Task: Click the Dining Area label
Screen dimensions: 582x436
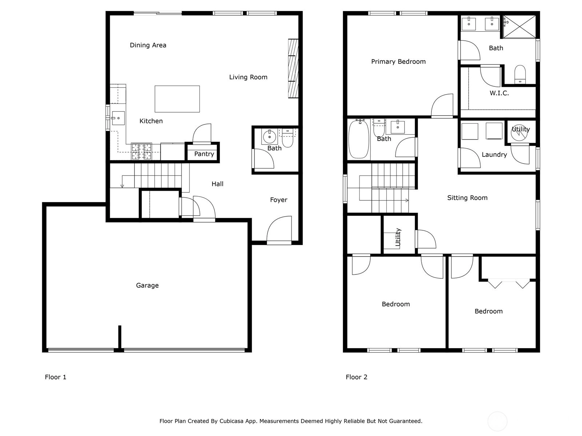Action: pyautogui.click(x=148, y=45)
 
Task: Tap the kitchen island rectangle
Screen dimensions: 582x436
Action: pyautogui.click(x=177, y=99)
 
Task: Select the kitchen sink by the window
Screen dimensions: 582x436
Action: pyautogui.click(x=118, y=118)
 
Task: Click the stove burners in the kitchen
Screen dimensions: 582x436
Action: pyautogui.click(x=141, y=152)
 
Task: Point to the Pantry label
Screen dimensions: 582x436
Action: pyautogui.click(x=204, y=154)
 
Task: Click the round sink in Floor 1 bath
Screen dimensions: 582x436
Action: pyautogui.click(x=270, y=137)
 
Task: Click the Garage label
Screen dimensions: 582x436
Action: pyautogui.click(x=147, y=285)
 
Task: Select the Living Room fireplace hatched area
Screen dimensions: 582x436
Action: pyautogui.click(x=293, y=69)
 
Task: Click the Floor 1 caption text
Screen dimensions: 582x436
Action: pyautogui.click(x=55, y=377)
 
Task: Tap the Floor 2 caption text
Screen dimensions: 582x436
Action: pyautogui.click(x=356, y=377)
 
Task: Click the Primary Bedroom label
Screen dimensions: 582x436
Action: pyautogui.click(x=398, y=62)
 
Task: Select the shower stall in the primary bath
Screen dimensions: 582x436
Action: pyautogui.click(x=519, y=27)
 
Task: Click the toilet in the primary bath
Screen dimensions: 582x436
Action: pyautogui.click(x=520, y=74)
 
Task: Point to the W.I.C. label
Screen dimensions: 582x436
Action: pyautogui.click(x=499, y=93)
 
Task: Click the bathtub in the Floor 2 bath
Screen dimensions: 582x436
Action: pyautogui.click(x=359, y=139)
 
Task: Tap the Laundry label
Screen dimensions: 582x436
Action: pyautogui.click(x=494, y=155)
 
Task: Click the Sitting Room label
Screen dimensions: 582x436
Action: pyautogui.click(x=467, y=198)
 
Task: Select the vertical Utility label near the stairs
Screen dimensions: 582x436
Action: pyautogui.click(x=398, y=237)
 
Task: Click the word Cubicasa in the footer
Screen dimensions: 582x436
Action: pyautogui.click(x=231, y=421)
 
